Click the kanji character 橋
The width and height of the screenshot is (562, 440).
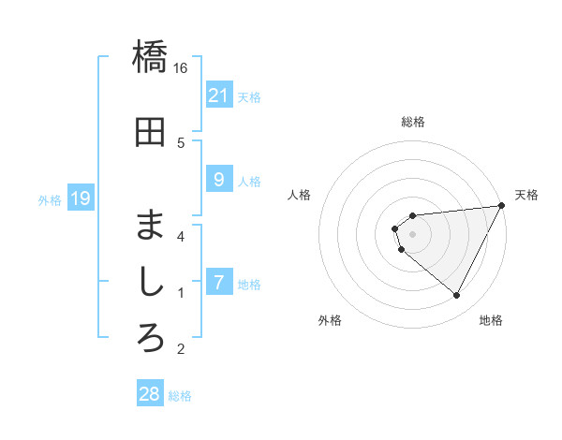click(150, 57)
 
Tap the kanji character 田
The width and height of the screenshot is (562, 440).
click(150, 132)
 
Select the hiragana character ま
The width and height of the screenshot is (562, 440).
click(150, 226)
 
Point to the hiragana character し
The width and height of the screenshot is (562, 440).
click(150, 281)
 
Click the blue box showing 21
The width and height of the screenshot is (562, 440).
click(218, 95)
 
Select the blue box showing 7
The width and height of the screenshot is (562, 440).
click(218, 282)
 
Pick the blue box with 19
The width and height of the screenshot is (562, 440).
click(80, 198)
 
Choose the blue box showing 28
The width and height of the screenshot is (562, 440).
click(150, 394)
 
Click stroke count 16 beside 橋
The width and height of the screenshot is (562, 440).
click(181, 68)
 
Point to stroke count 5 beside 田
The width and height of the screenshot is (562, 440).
click(181, 143)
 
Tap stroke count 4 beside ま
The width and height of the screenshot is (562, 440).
click(181, 236)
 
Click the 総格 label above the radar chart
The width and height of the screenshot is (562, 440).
click(413, 122)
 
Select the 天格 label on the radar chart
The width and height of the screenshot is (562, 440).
click(526, 195)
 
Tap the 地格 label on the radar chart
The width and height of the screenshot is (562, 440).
click(491, 320)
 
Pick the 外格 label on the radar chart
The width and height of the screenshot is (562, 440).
click(330, 320)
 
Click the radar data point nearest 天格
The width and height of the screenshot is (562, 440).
click(503, 205)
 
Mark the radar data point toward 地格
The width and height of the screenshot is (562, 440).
click(457, 296)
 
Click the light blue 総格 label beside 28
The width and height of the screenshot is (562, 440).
click(181, 395)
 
